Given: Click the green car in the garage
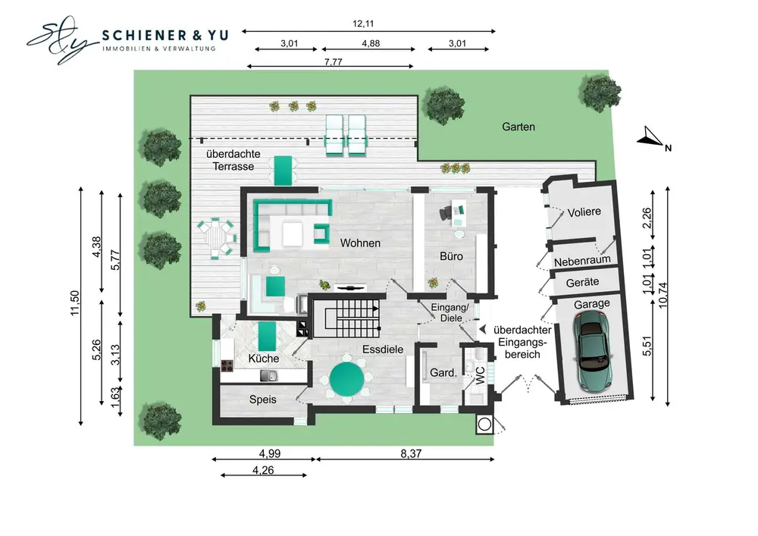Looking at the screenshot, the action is pyautogui.click(x=594, y=350).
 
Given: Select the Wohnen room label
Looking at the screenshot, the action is pyautogui.click(x=360, y=243).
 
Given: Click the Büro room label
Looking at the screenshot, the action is pyautogui.click(x=451, y=256).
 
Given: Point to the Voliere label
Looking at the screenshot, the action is pyautogui.click(x=584, y=212).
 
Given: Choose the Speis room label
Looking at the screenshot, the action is pyautogui.click(x=262, y=400).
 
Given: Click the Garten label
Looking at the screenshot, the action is pyautogui.click(x=518, y=127).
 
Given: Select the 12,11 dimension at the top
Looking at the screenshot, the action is pyautogui.click(x=363, y=24).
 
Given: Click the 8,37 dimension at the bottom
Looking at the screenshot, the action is pyautogui.click(x=411, y=453).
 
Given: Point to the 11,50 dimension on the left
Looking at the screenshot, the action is pyautogui.click(x=74, y=303).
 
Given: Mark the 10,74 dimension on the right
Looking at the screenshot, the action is pyautogui.click(x=662, y=295).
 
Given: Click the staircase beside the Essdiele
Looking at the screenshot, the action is pyautogui.click(x=346, y=318).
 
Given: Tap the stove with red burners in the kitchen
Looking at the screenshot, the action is pyautogui.click(x=227, y=366).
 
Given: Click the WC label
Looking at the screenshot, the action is pyautogui.click(x=480, y=376).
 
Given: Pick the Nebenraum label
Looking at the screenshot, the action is pyautogui.click(x=582, y=262).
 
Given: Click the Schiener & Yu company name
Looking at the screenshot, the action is pyautogui.click(x=165, y=35).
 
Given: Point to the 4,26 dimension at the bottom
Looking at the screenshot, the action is pyautogui.click(x=263, y=470).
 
